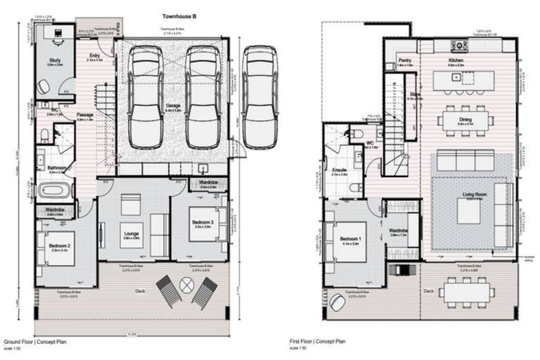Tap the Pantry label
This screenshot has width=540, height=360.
(404, 61)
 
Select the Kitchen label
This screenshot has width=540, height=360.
(457, 61)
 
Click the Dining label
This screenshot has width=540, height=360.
(465, 120)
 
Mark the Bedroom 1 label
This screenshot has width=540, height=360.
(350, 238)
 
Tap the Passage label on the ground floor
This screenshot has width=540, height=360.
(85, 116)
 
